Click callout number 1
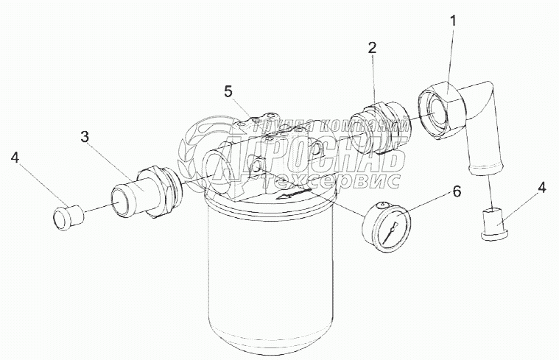coord(454,21)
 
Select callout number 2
coord(373,48)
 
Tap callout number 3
coord(85,136)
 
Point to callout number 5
coord(228,91)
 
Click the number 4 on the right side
coord(542,187)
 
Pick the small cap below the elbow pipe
coord(491,222)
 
